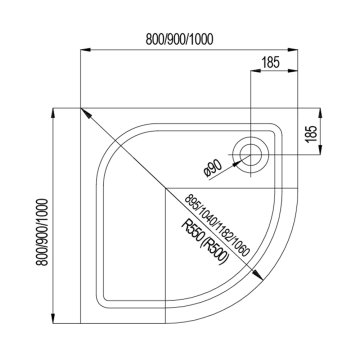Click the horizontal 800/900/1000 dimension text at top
point(179,40)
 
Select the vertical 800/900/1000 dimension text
point(43,232)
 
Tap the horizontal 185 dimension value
point(270,62)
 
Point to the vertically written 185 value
point(311,134)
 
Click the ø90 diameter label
point(212,169)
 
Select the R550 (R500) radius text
point(205,243)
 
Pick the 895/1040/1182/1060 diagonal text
point(217,225)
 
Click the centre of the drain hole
point(250,155)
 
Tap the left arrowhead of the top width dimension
point(86,50)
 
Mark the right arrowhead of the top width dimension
point(292,50)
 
